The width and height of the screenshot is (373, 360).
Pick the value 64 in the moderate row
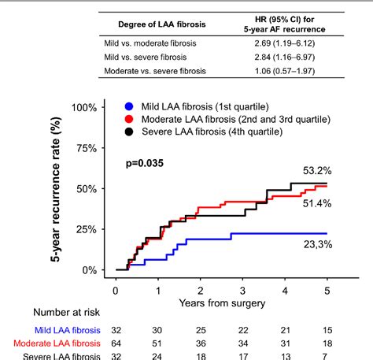click(x=117, y=344)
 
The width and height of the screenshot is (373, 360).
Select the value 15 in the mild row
click(x=328, y=331)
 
